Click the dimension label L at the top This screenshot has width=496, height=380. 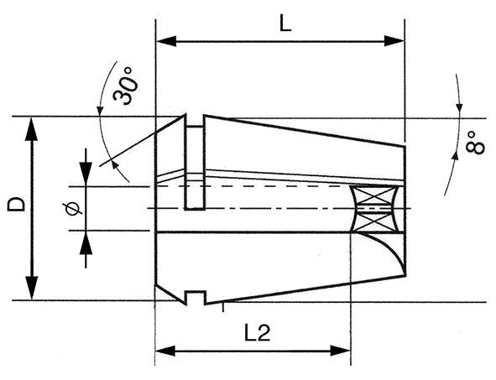pos(285,23)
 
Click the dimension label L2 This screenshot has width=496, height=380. pos(257,333)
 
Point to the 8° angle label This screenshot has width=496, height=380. pos(475,142)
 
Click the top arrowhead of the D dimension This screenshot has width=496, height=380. pos(32,126)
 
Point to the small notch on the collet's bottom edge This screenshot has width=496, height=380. pos(196,295)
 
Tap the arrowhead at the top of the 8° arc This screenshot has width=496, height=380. pos(459,108)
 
